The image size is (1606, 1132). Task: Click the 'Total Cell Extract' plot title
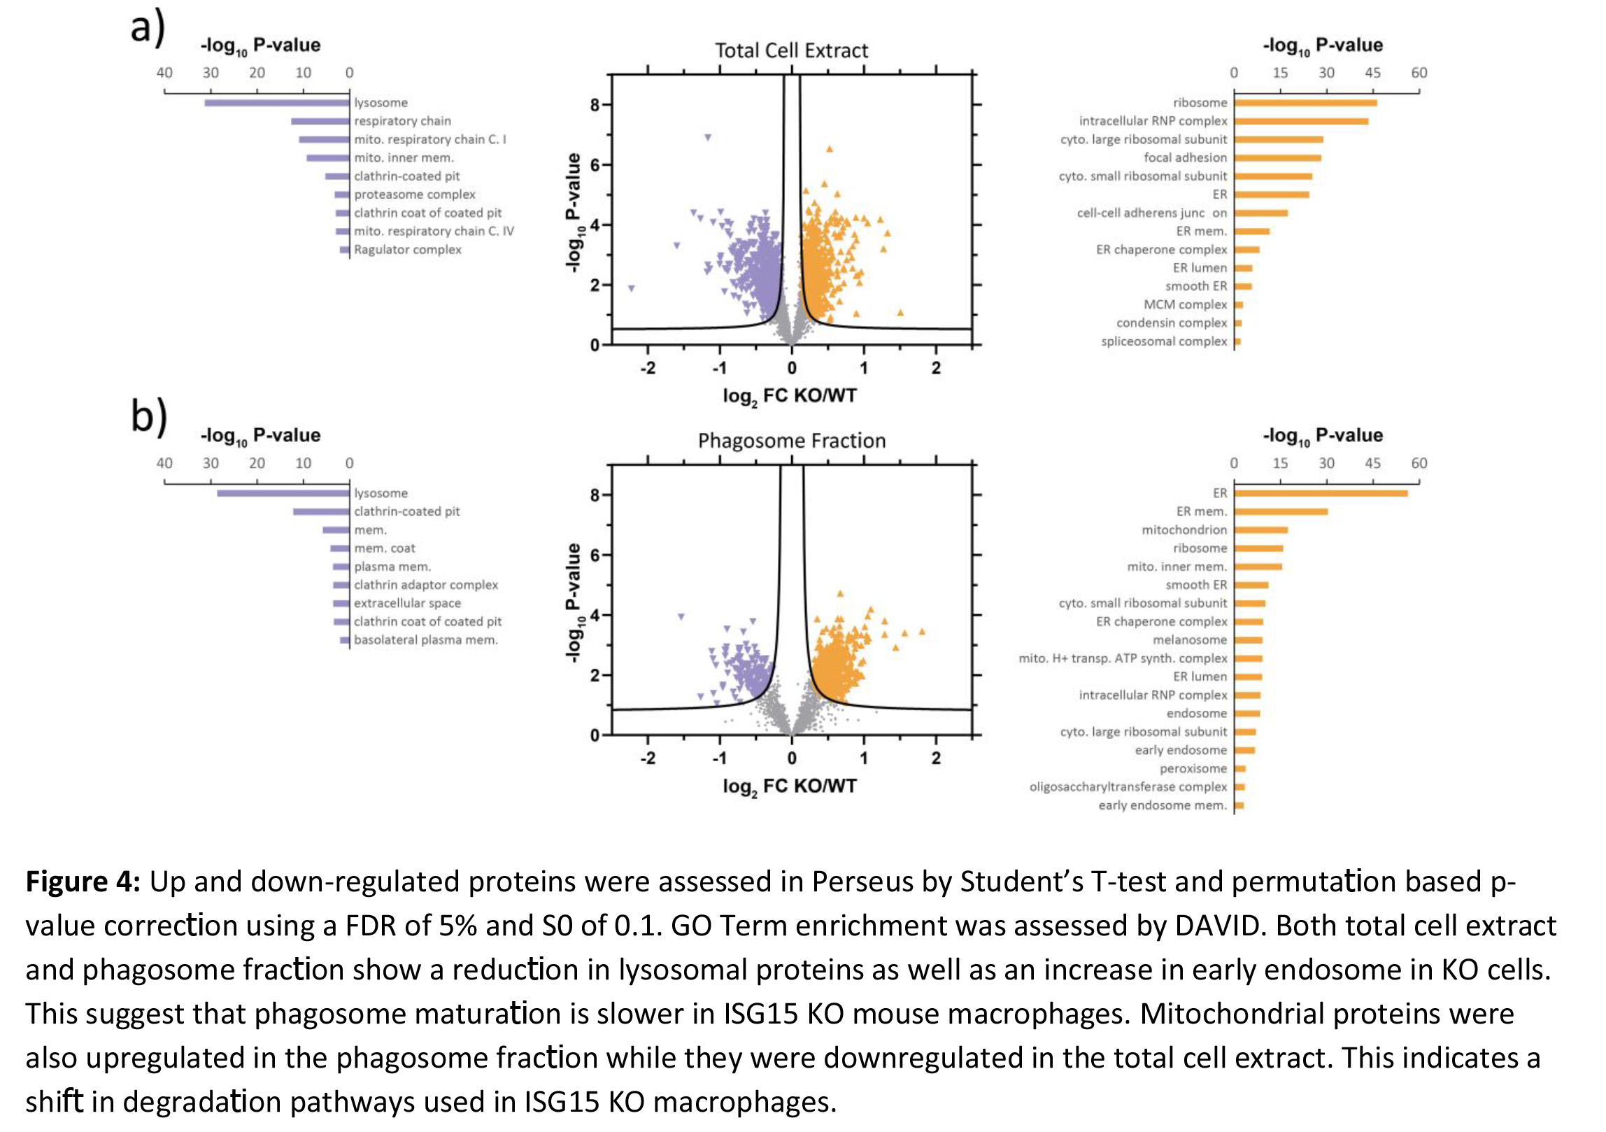791,50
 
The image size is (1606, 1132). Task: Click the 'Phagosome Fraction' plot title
791,441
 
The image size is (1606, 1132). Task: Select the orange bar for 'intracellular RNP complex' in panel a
1301,121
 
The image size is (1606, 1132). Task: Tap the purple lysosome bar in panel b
283,493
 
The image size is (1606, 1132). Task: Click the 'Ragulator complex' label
407,250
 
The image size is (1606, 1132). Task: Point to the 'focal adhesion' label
1185,158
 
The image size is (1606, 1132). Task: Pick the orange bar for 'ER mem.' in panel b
1281,511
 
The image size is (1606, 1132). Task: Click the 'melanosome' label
1189,640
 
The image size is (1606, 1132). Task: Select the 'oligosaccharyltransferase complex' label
1128,787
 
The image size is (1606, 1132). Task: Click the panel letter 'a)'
148,28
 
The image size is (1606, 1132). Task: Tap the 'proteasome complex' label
414,194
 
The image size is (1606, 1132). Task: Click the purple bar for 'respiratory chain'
320,122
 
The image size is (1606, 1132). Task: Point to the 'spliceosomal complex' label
1164,341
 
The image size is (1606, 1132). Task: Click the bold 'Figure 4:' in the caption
83,882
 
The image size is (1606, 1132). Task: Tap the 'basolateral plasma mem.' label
425,640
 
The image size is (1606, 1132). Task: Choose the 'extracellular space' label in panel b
407,603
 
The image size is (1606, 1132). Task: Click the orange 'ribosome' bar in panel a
1305,103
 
